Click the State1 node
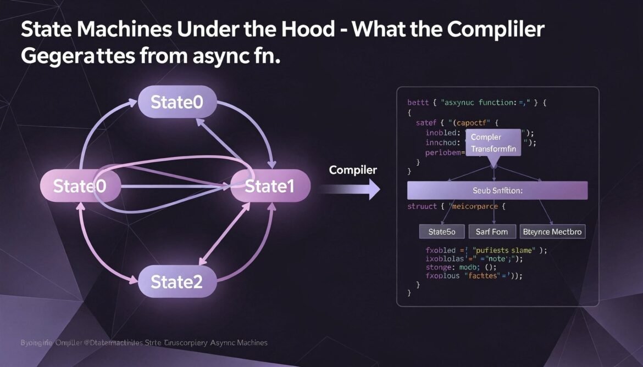[270, 187]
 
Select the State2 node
[176, 282]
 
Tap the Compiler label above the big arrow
[353, 170]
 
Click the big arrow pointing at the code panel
[352, 189]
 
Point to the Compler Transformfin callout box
[493, 143]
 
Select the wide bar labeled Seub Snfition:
[497, 190]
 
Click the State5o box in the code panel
[442, 232]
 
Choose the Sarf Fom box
[492, 232]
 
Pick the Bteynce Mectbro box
[552, 232]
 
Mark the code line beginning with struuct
[456, 206]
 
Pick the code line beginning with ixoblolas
[474, 258]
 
